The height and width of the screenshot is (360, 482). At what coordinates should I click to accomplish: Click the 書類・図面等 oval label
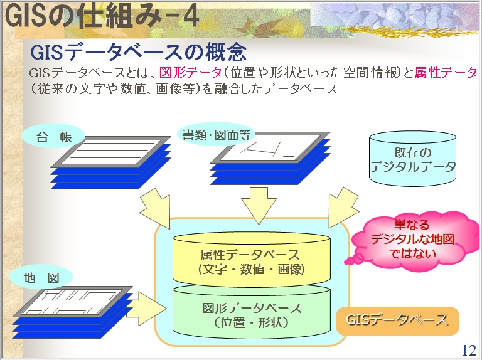pos(215,134)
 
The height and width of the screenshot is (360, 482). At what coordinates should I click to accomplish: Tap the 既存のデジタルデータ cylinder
pos(412,159)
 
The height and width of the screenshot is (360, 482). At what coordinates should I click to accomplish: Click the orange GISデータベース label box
pos(398,320)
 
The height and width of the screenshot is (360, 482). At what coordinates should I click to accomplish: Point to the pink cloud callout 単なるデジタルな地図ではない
pos(412,239)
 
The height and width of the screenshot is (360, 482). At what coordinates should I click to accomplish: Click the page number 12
pos(468,350)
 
